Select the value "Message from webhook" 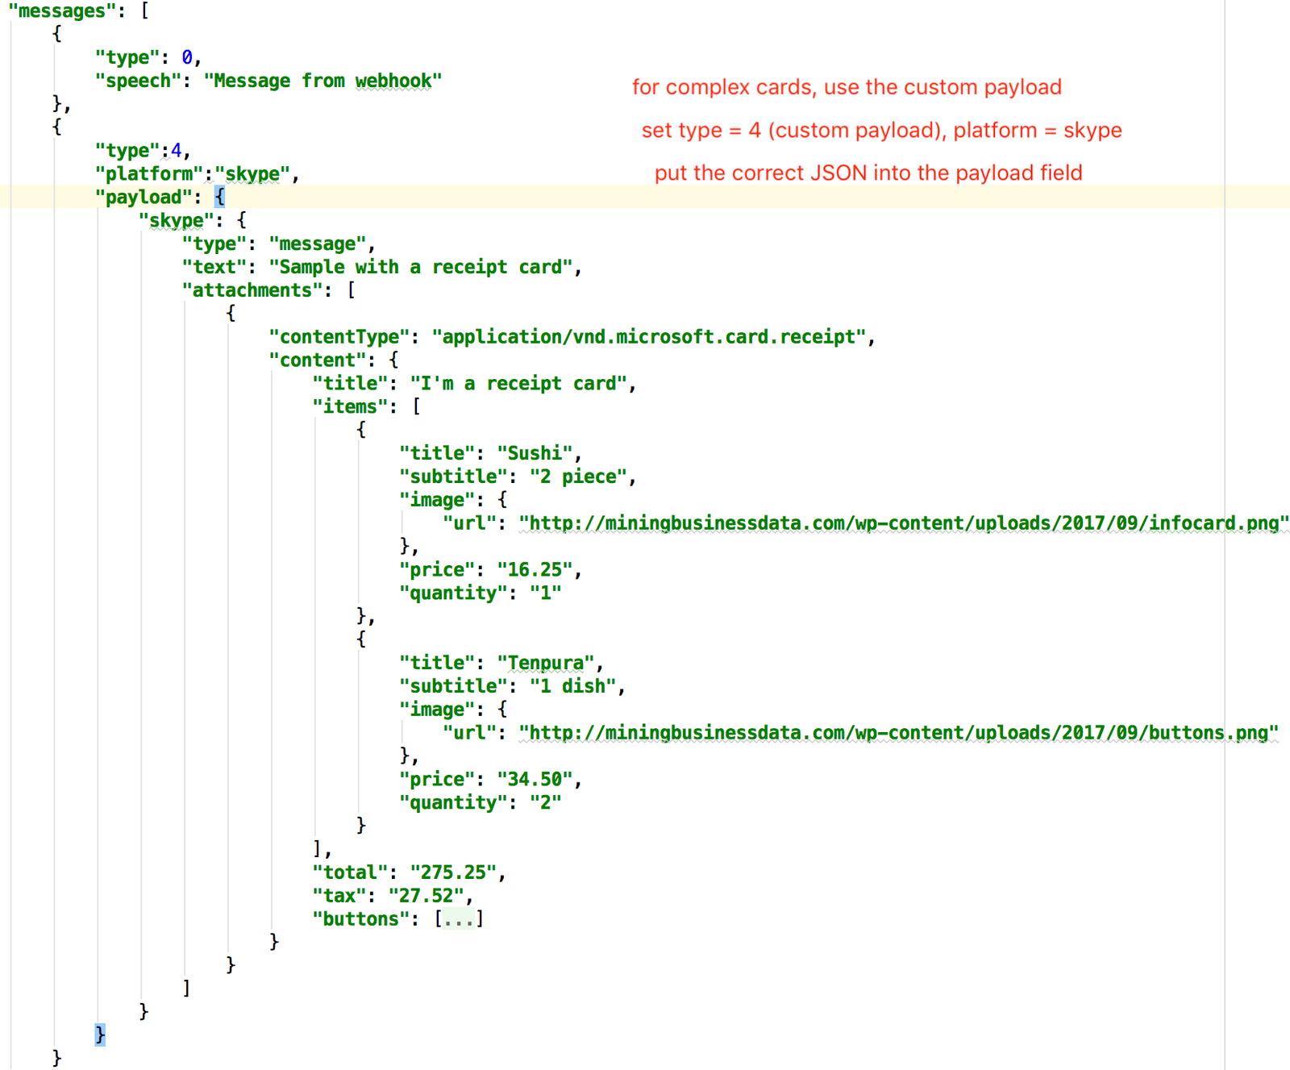(x=322, y=81)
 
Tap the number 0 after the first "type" (x=187, y=58)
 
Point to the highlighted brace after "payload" (x=219, y=198)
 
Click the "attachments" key (x=252, y=290)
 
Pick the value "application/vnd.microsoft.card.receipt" (x=649, y=337)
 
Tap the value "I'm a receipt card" (x=518, y=384)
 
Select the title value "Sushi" (x=535, y=453)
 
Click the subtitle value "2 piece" (x=578, y=477)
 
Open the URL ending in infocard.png (x=904, y=523)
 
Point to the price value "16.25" (x=535, y=570)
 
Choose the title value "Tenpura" (x=546, y=663)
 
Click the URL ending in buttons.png (x=898, y=733)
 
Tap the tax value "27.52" (x=426, y=896)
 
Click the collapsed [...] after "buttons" (x=459, y=919)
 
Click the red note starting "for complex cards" (x=847, y=87)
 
